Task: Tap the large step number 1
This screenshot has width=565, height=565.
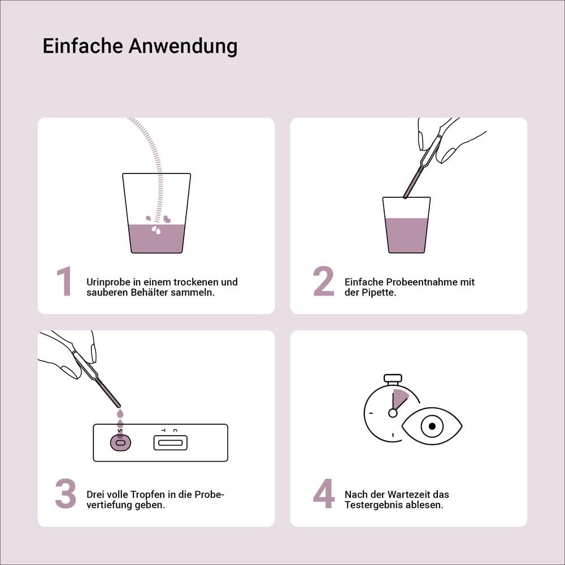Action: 64,282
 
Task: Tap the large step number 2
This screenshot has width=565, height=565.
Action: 324,282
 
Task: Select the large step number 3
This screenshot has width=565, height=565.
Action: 66,494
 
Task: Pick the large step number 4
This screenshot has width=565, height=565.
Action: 324,494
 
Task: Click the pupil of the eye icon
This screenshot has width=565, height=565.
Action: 432,426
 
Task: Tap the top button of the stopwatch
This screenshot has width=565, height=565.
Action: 393,377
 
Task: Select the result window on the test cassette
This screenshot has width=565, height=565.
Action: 170,443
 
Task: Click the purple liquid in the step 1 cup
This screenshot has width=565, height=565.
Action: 157,238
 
